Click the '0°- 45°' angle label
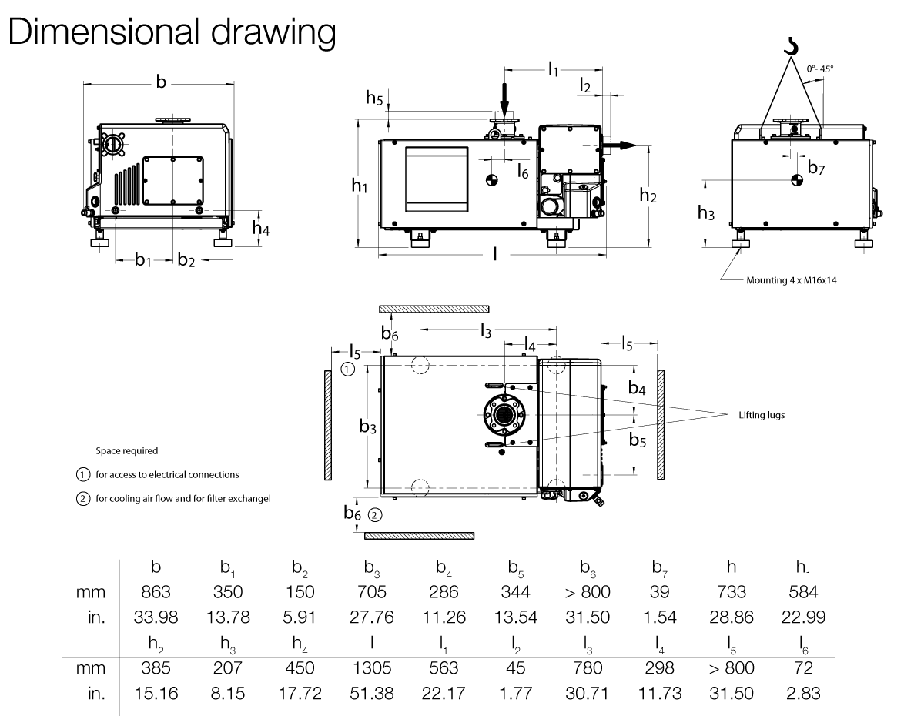tap(820, 69)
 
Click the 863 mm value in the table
tap(156, 593)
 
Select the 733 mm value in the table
tap(730, 593)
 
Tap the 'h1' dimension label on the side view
tap(360, 186)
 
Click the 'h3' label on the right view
tap(706, 212)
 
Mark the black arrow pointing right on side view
tap(621, 145)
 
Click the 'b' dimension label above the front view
tap(160, 82)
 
